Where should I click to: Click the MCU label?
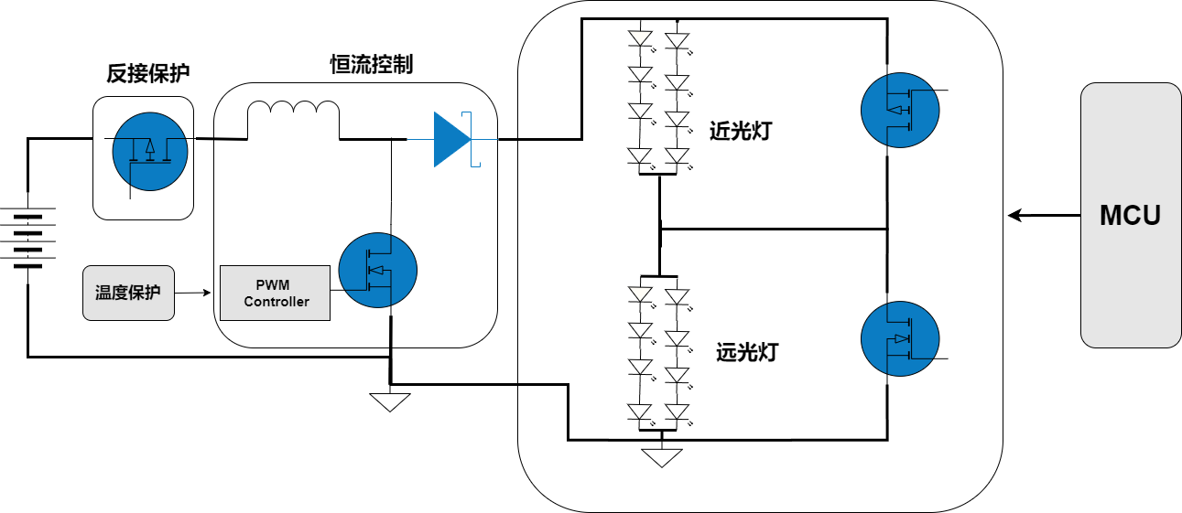click(x=1130, y=216)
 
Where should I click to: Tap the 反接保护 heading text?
click(x=148, y=74)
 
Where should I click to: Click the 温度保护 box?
click(x=128, y=294)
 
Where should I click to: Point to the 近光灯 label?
click(x=741, y=131)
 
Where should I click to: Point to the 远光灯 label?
click(x=746, y=352)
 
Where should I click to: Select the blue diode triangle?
click(x=450, y=139)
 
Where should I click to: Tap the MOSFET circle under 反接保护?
click(x=150, y=152)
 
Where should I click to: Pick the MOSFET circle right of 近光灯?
click(x=900, y=109)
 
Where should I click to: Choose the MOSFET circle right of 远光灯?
click(x=900, y=338)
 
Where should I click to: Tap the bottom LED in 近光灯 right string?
click(x=677, y=157)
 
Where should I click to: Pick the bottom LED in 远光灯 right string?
click(x=677, y=413)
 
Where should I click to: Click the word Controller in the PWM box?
click(x=276, y=302)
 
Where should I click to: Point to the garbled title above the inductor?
click(x=372, y=69)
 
